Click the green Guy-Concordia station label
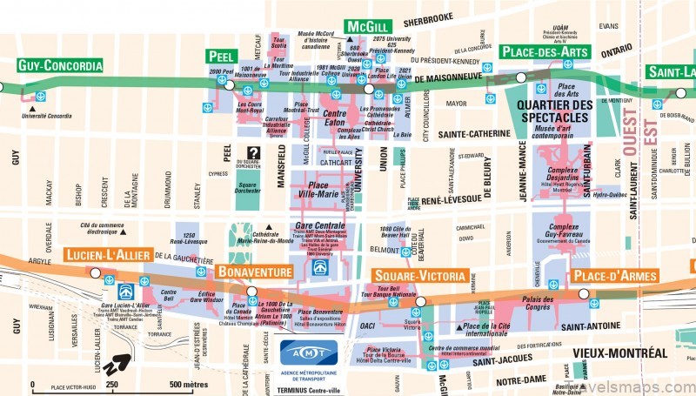click(59, 64)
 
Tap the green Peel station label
click(222, 57)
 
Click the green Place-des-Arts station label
click(545, 52)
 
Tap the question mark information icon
click(252, 153)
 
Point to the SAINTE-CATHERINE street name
click(474, 134)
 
